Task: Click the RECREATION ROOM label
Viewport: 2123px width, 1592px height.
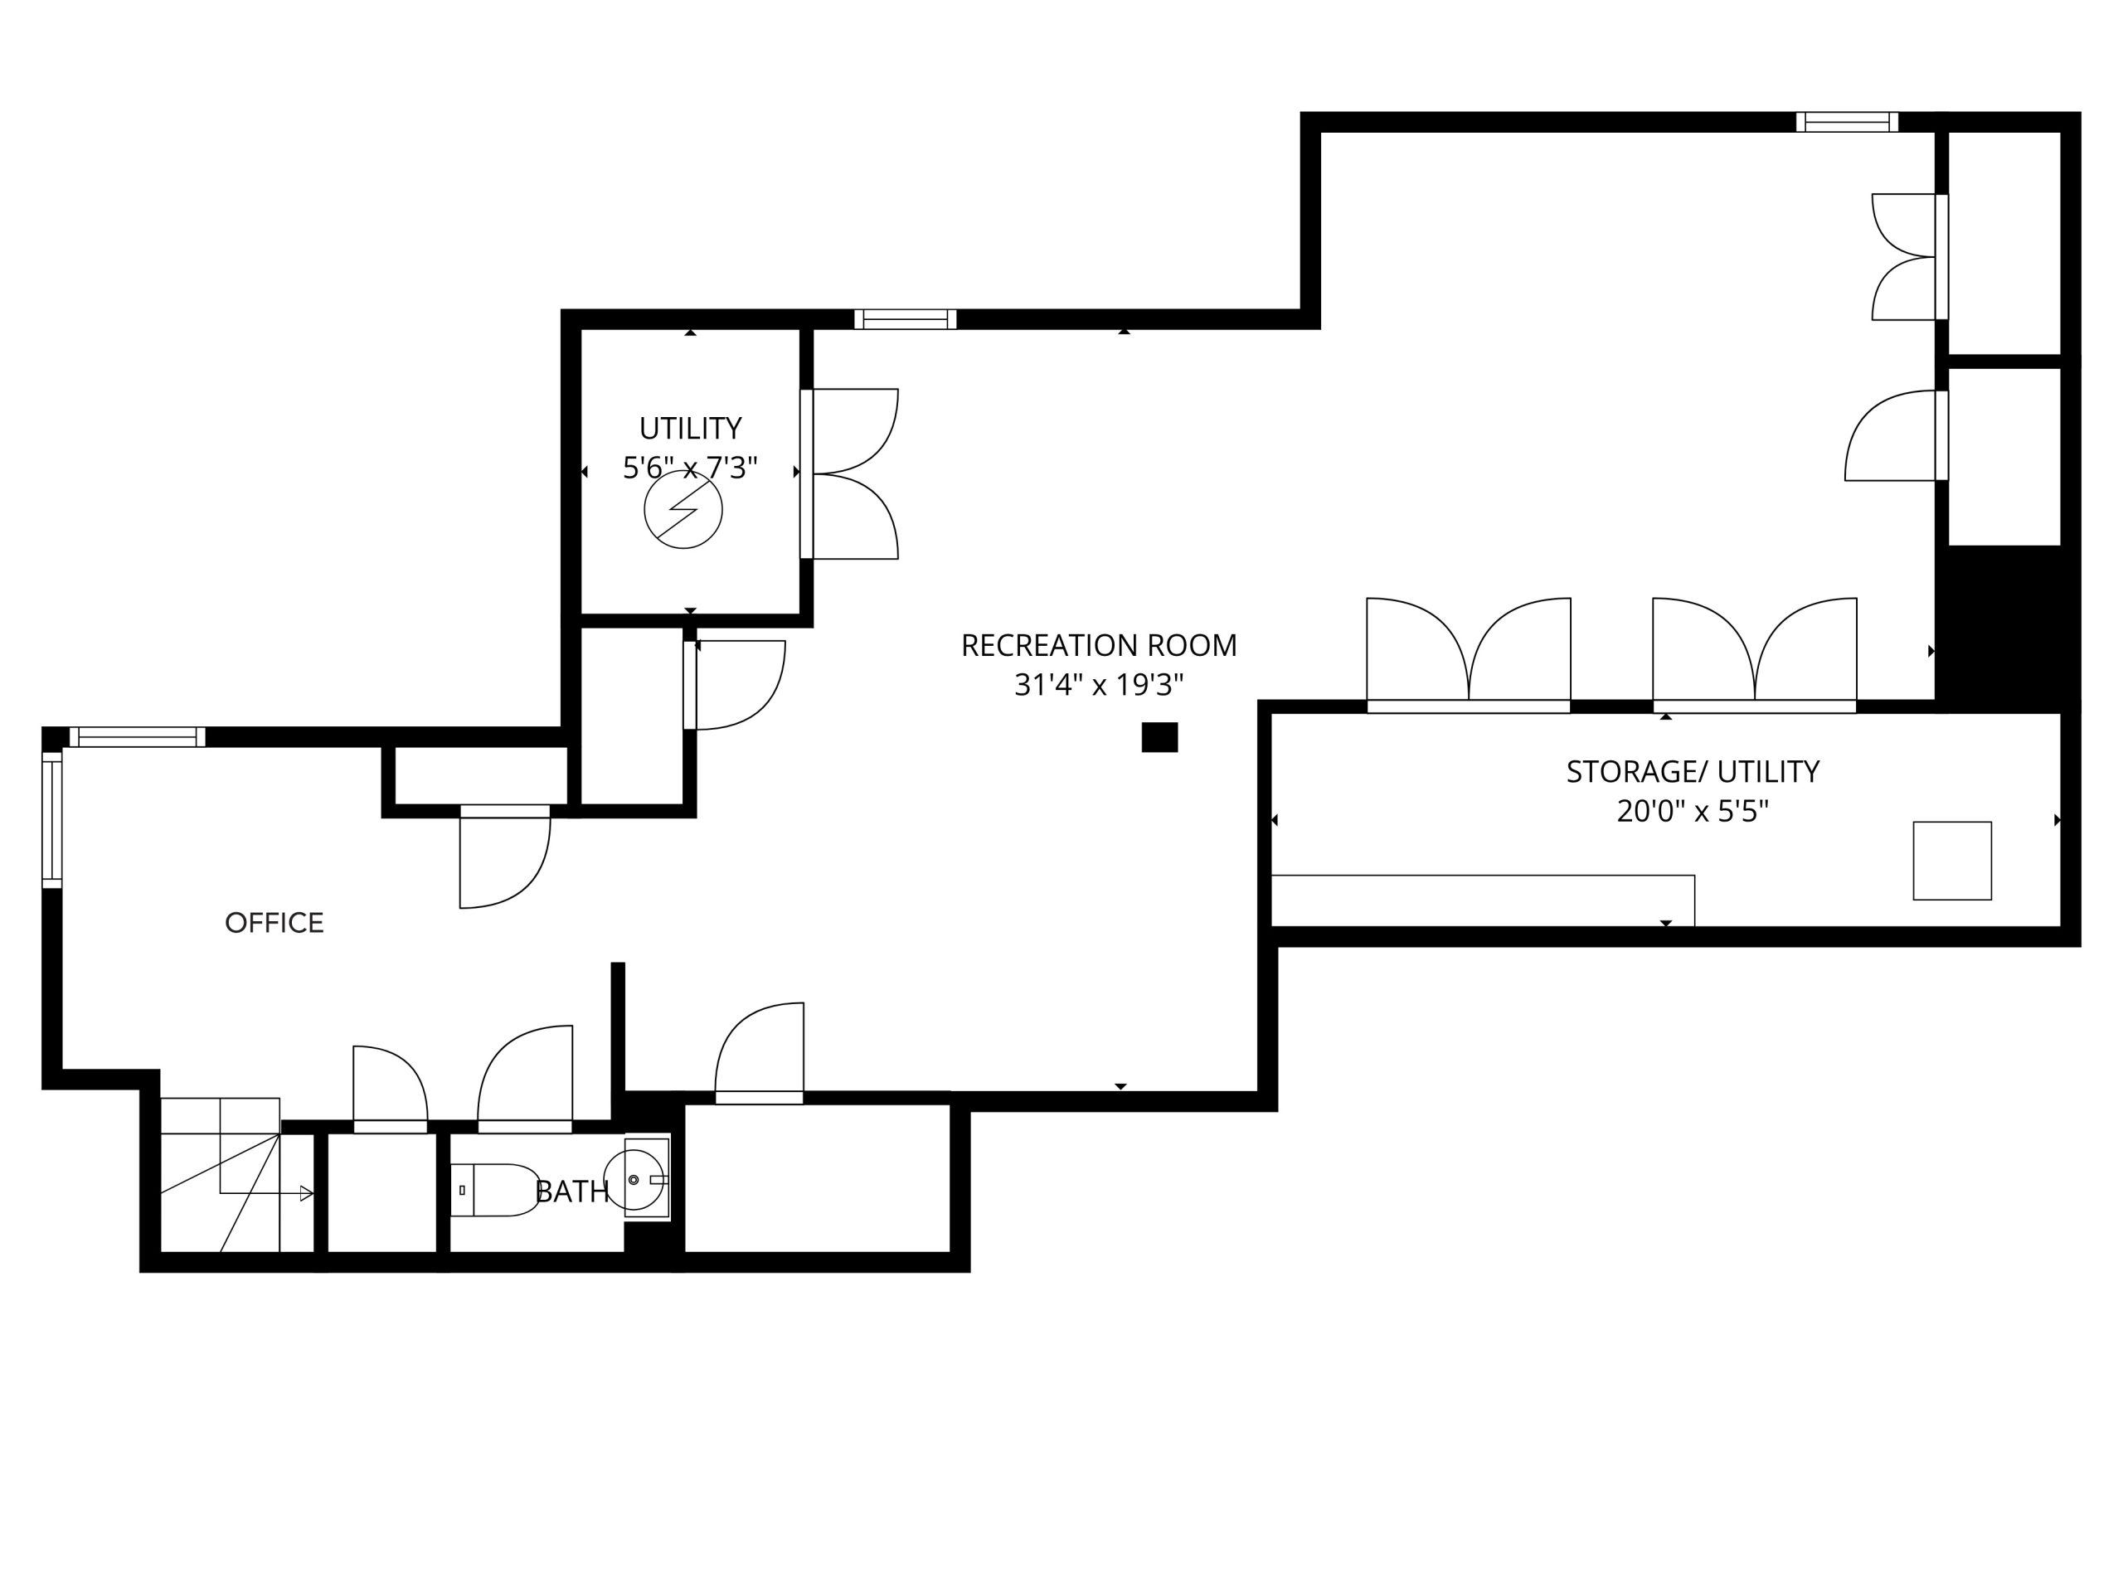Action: coord(1099,646)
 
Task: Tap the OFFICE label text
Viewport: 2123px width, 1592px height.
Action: coord(274,923)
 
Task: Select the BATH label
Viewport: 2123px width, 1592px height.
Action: coord(572,1192)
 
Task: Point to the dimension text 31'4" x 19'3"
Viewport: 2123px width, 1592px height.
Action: coord(1099,685)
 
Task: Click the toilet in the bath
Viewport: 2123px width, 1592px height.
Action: coord(495,1191)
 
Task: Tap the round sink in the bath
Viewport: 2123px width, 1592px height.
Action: coord(634,1179)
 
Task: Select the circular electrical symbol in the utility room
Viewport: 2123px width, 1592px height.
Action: coord(683,510)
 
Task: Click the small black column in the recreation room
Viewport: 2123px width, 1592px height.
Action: coord(1159,737)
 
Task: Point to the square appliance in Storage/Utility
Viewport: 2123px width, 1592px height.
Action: coord(1952,861)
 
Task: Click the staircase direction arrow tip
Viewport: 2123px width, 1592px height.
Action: coord(313,1194)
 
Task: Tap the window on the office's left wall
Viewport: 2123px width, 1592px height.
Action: coord(51,821)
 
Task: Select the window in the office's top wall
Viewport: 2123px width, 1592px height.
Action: coord(137,737)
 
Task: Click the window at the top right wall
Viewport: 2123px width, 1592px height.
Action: coord(1848,122)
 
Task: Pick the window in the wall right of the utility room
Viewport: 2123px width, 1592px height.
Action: coord(905,319)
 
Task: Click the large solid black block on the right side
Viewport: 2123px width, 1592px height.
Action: coord(2006,629)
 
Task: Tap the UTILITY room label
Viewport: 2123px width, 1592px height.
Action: coord(691,428)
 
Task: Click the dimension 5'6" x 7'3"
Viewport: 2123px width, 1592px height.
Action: coord(691,468)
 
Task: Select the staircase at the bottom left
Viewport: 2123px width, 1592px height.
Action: coord(237,1175)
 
